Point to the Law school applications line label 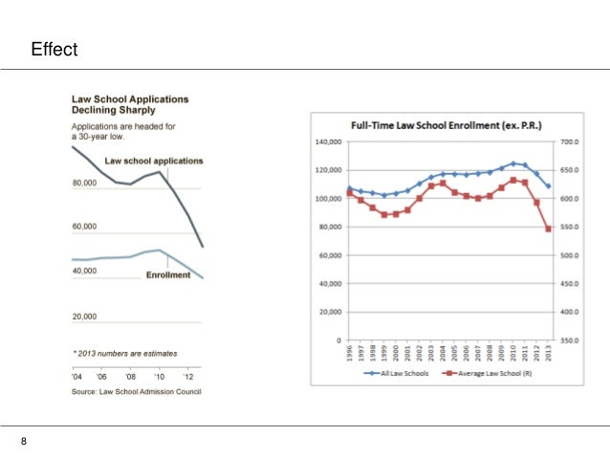(x=153, y=161)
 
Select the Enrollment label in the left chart (x=168, y=275)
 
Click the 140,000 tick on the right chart (x=329, y=142)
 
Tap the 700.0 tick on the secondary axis (x=572, y=142)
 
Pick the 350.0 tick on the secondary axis (x=572, y=340)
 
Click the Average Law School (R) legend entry (x=488, y=374)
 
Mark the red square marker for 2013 (x=548, y=229)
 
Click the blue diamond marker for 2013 (x=548, y=185)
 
